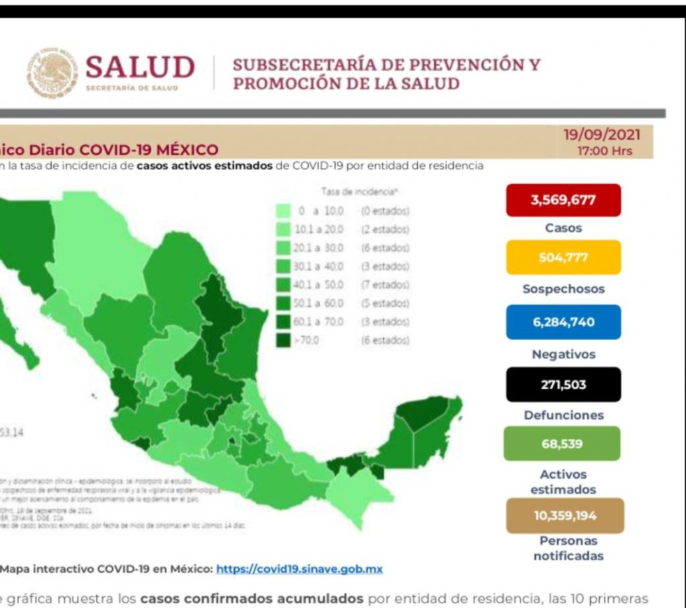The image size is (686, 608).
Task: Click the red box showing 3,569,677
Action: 563,200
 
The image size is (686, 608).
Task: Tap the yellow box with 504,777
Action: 563,257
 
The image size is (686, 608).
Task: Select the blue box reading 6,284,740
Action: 563,322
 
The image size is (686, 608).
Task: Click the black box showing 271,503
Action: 563,384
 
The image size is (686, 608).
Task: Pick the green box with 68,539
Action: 562,443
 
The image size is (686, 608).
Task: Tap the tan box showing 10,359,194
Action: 565,515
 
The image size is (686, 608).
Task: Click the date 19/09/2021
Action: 602,135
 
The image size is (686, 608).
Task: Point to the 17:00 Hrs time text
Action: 604,151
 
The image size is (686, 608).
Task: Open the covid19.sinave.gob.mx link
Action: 299,569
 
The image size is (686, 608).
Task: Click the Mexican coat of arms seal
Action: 52,73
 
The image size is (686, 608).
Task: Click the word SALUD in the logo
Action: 140,68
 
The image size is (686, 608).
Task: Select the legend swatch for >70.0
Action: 283,340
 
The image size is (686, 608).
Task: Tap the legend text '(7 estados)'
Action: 385,285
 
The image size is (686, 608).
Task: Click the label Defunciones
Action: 563,415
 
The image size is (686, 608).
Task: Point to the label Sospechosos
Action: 563,289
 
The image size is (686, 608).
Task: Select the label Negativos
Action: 563,355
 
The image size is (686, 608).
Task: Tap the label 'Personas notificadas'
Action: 568,548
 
